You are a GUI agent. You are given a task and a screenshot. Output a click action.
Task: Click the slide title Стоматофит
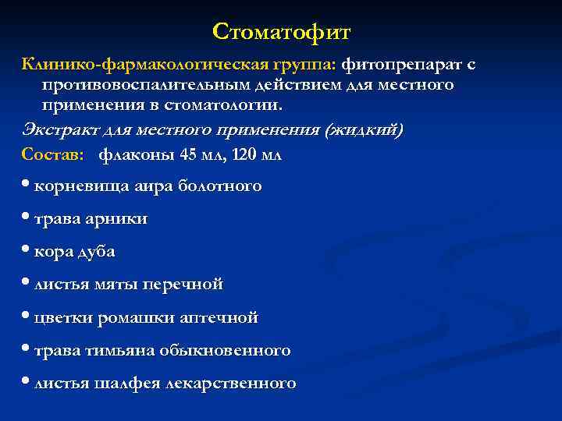click(x=282, y=33)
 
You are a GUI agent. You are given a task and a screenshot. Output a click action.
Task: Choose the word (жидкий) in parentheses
click(x=366, y=129)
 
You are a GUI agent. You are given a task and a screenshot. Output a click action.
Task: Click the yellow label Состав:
click(x=53, y=154)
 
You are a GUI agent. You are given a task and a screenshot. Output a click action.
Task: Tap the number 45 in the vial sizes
click(x=188, y=154)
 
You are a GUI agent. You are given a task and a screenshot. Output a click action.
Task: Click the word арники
click(x=119, y=219)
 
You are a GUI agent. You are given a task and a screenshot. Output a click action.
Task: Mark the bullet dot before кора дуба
click(x=27, y=251)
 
